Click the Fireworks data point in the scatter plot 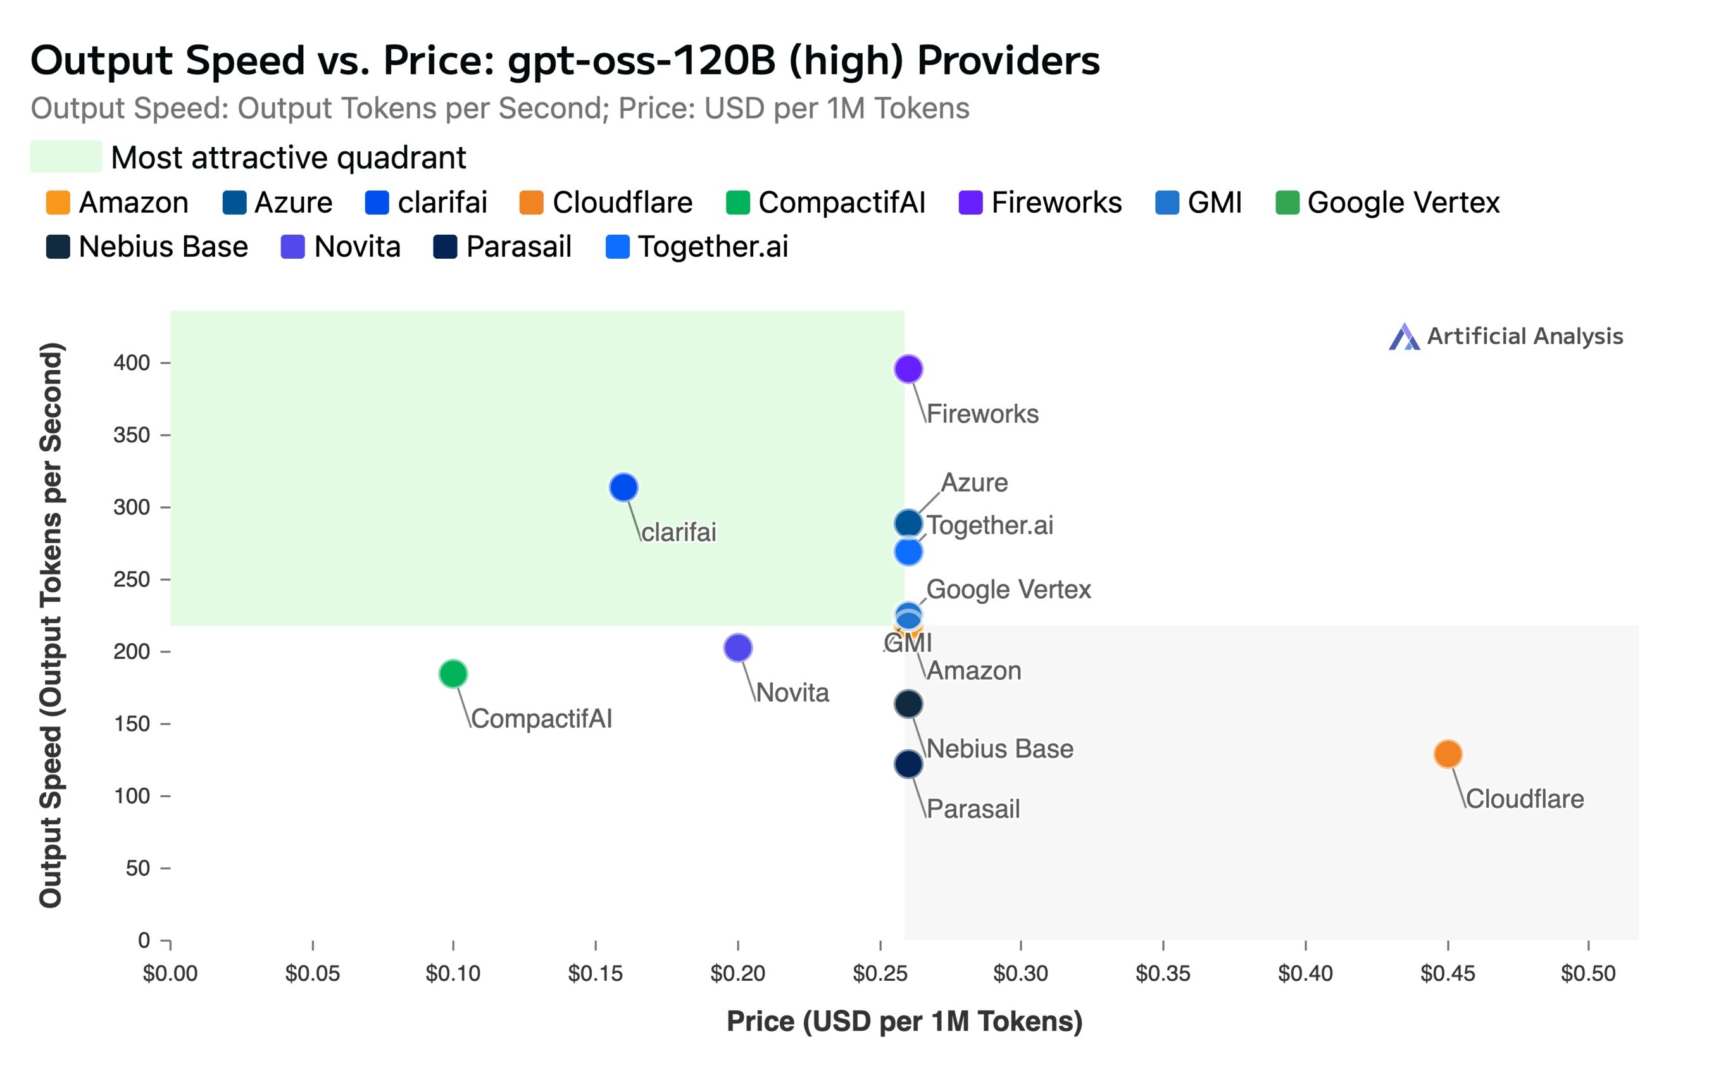click(908, 369)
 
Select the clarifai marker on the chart click(623, 487)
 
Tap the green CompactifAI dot click(453, 673)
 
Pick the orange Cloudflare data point click(1448, 754)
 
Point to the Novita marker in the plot click(738, 647)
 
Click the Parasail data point click(908, 764)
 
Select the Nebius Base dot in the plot click(908, 704)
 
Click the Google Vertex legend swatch click(1287, 202)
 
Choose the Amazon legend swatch click(58, 202)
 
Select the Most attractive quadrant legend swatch click(65, 157)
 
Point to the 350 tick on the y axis click(132, 435)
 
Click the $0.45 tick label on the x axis click(1447, 973)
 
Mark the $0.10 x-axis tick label click(453, 973)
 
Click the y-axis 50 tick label click(138, 868)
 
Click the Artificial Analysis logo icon click(1403, 337)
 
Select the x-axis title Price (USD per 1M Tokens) click(904, 1021)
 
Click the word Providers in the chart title click(1008, 60)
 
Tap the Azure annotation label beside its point click(973, 483)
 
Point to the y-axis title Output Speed click(51, 624)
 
